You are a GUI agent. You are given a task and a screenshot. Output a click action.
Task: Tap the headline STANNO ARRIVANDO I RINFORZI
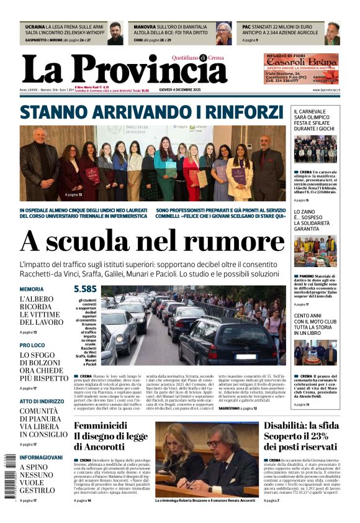(151, 112)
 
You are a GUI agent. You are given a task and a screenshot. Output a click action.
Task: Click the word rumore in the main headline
(226, 241)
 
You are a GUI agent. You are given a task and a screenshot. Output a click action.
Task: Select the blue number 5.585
(85, 289)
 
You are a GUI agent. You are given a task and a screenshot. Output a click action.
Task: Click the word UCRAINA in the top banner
(35, 27)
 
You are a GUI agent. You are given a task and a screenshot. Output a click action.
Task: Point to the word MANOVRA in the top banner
(145, 27)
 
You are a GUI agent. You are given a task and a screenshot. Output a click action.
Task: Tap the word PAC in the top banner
(246, 27)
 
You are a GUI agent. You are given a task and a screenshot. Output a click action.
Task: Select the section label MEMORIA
(32, 289)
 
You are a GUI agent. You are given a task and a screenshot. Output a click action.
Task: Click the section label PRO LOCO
(32, 345)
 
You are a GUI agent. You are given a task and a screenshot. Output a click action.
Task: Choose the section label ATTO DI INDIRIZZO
(41, 401)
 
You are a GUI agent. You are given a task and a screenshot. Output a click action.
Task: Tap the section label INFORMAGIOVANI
(41, 457)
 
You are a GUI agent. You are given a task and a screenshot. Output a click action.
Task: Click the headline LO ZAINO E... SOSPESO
(316, 221)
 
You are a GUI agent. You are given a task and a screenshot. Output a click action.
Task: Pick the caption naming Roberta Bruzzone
(205, 500)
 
